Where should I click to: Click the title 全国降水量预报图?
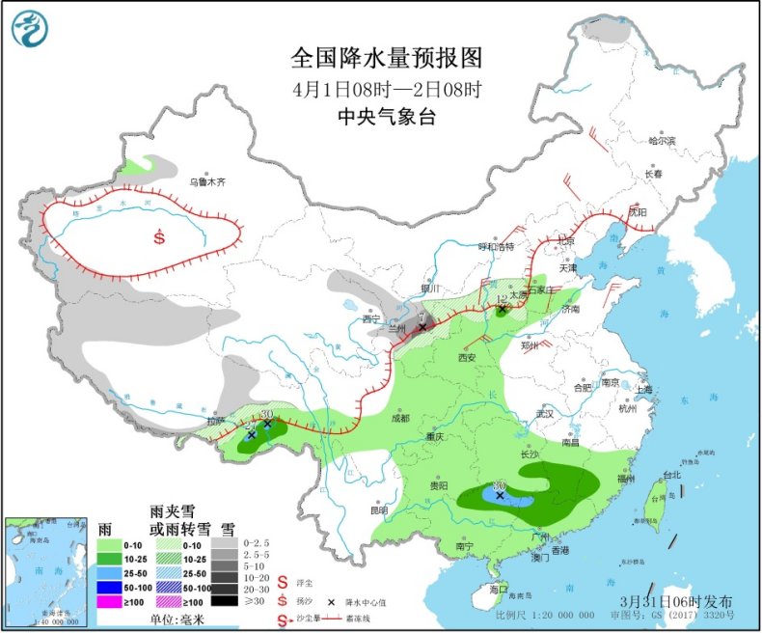[x=386, y=59]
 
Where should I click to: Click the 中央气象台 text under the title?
[x=386, y=116]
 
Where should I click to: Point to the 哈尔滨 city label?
[x=662, y=141]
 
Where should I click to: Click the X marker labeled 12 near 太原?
[x=502, y=311]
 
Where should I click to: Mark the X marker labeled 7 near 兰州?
[x=422, y=327]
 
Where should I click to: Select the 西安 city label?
[x=468, y=357]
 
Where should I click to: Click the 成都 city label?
[x=399, y=418]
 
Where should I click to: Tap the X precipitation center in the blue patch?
[x=500, y=495]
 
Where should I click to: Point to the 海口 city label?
[x=499, y=588]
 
